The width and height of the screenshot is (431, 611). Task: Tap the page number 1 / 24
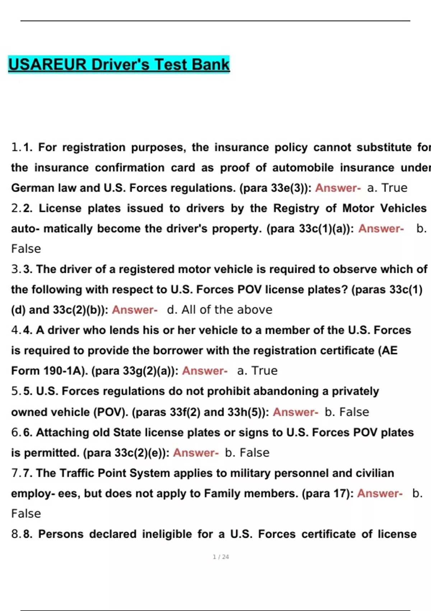[x=221, y=557]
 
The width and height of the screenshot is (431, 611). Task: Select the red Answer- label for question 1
[x=338, y=188]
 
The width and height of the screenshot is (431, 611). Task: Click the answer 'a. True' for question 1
[x=387, y=188]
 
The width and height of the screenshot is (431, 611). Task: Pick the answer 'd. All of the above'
[x=219, y=310]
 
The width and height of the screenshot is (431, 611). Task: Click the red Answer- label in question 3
[x=135, y=310]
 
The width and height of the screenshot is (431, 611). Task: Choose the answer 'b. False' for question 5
[x=347, y=412]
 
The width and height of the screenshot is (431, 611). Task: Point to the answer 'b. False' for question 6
[x=247, y=453]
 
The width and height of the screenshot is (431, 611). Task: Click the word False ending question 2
[x=26, y=249]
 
